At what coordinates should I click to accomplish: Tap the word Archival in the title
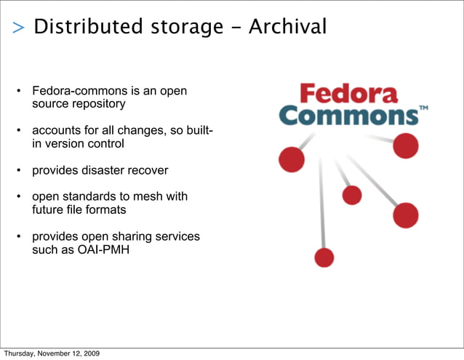(x=287, y=28)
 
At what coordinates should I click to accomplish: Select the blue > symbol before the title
(x=18, y=28)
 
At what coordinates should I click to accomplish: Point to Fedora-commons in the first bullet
(x=76, y=92)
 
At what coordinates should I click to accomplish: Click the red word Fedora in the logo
(x=349, y=93)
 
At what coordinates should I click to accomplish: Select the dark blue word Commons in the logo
(x=348, y=116)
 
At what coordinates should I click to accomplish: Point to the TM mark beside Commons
(x=424, y=108)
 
